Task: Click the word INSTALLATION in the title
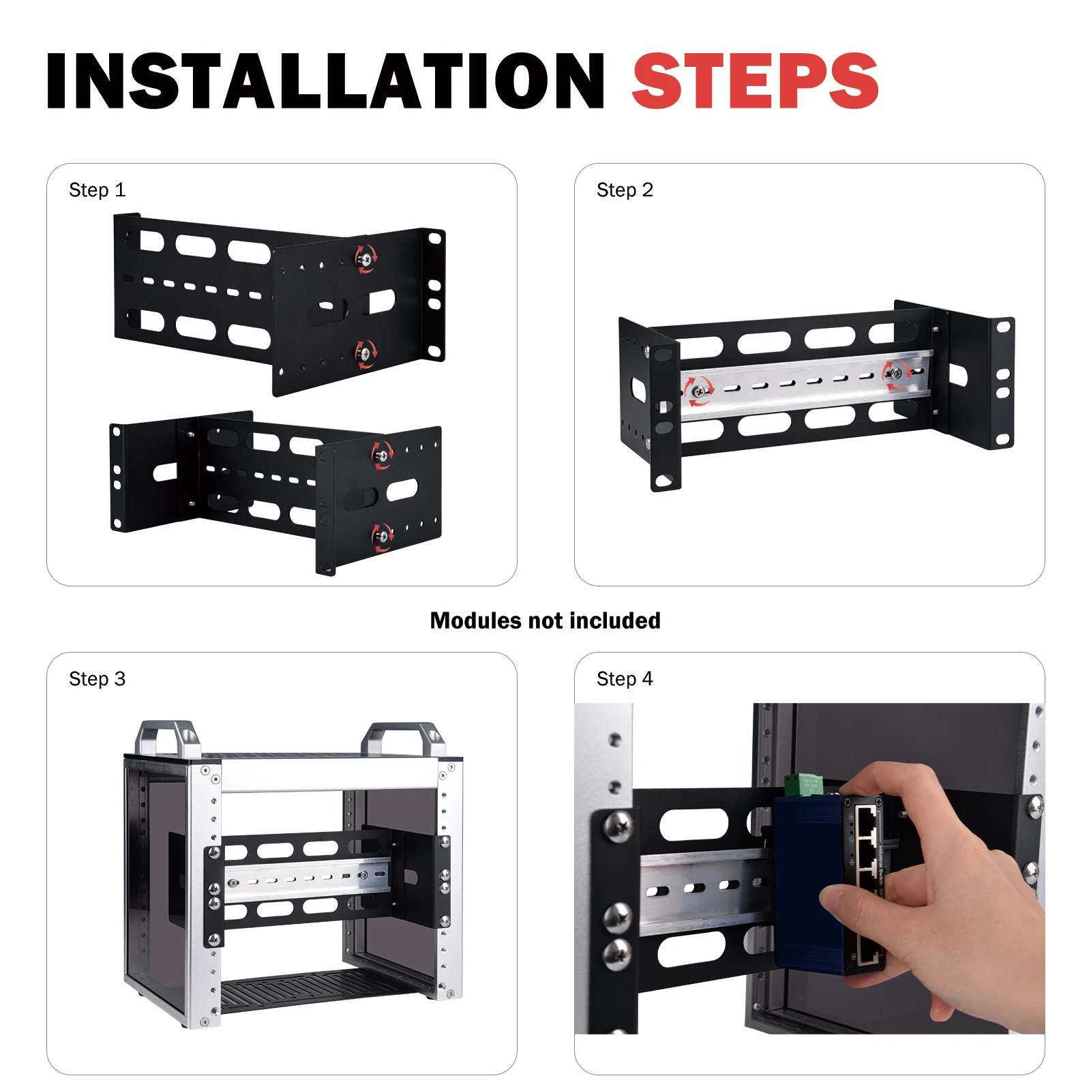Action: (325, 81)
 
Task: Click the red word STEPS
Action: (755, 81)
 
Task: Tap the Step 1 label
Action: (97, 190)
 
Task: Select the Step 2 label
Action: (625, 190)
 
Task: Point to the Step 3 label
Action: (97, 679)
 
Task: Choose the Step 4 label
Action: (625, 679)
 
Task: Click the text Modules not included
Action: (545, 621)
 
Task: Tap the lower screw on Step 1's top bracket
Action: (366, 353)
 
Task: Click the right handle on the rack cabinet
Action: (402, 739)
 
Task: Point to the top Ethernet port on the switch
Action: (866, 816)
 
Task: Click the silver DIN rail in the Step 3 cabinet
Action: (307, 879)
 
